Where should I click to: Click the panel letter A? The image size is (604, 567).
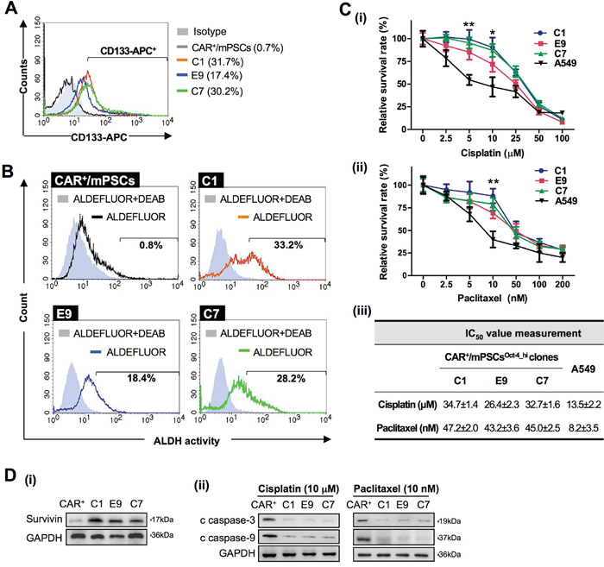tap(11, 10)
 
